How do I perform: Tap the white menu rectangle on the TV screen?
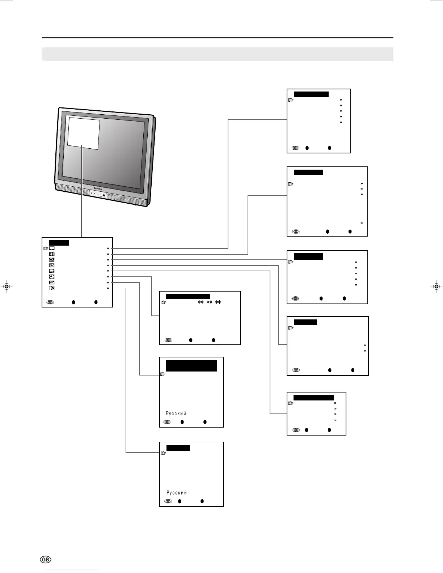pyautogui.click(x=83, y=133)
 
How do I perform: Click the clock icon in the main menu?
pyautogui.click(x=52, y=277)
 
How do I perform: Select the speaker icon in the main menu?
pyautogui.click(x=52, y=254)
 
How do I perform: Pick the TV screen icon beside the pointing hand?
pyautogui.click(x=52, y=249)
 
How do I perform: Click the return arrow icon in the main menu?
pyautogui.click(x=52, y=283)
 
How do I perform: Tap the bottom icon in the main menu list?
pyautogui.click(x=52, y=288)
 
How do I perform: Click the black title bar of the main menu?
pyautogui.click(x=59, y=243)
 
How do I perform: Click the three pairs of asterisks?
pyautogui.click(x=209, y=302)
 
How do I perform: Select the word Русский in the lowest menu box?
pyautogui.click(x=177, y=493)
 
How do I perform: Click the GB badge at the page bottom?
pyautogui.click(x=46, y=560)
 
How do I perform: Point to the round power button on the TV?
pyautogui.click(x=104, y=196)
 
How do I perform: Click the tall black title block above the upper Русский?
pyautogui.click(x=191, y=365)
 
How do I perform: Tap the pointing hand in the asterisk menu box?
pyautogui.click(x=164, y=302)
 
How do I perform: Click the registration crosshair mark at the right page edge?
pyautogui.click(x=436, y=286)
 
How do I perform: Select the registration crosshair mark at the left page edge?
pyautogui.click(x=6, y=286)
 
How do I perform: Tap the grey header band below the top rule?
pyautogui.click(x=218, y=54)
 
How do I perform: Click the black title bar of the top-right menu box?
pyautogui.click(x=311, y=94)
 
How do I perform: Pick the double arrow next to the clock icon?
pyautogui.click(x=108, y=277)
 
